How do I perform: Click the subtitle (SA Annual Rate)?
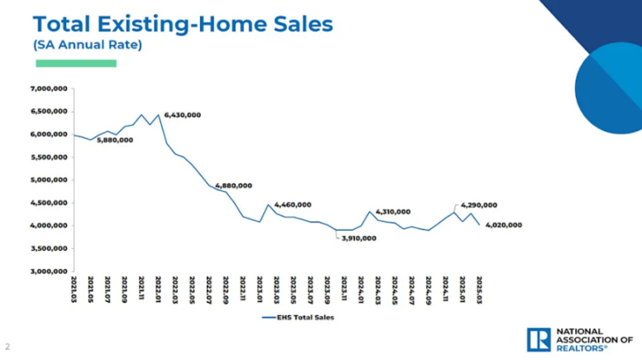tap(88, 45)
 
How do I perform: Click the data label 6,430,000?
tap(183, 114)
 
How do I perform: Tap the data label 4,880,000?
tap(233, 185)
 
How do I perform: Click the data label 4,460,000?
tap(292, 204)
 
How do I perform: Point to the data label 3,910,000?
tap(357, 238)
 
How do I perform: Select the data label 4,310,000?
tap(393, 212)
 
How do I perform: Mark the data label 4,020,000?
tap(504, 224)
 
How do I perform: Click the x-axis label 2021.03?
tap(74, 290)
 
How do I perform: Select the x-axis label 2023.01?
tap(260, 290)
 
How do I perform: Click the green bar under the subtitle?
tap(75, 63)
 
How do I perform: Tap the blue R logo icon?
tap(538, 338)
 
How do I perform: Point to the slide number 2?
tap(8, 345)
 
